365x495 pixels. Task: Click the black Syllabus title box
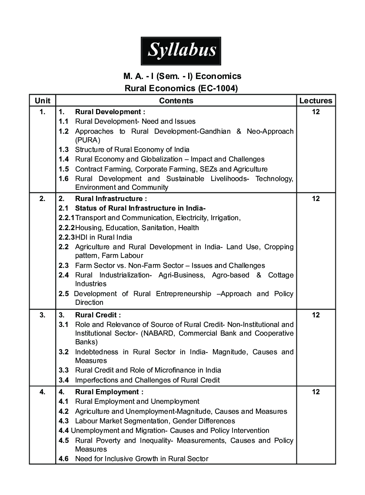click(181, 51)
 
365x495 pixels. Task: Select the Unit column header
click(42, 101)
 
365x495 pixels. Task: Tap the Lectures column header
click(315, 101)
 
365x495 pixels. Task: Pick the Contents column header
click(176, 101)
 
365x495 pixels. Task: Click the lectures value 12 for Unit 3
click(315, 315)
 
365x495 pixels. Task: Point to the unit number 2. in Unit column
click(42, 199)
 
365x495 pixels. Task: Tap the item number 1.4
click(63, 159)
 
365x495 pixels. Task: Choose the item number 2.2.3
click(66, 238)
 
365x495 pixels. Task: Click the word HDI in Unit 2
click(82, 238)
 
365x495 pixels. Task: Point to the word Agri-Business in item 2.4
click(183, 275)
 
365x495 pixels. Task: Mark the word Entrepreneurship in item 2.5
click(182, 294)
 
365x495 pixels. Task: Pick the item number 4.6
click(63, 459)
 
